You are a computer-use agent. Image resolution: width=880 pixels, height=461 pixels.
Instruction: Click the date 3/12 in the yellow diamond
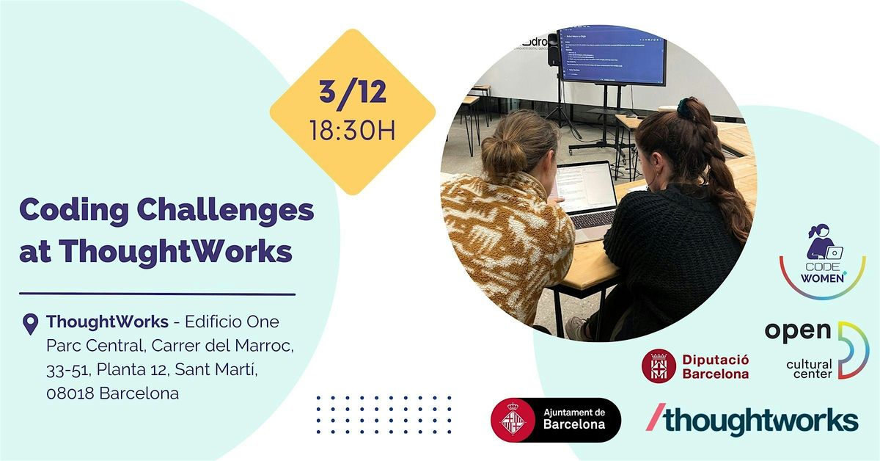(352, 93)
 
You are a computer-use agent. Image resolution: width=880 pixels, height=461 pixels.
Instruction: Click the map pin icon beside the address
(30, 324)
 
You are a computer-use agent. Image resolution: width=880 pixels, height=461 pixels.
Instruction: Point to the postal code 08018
(70, 393)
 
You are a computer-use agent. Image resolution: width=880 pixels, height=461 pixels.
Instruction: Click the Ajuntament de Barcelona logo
(555, 420)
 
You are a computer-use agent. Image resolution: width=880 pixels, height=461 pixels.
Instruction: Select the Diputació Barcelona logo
(695, 366)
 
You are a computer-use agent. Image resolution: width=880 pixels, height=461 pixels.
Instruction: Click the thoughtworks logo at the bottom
(752, 421)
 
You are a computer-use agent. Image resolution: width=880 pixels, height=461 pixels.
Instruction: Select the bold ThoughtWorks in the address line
(108, 322)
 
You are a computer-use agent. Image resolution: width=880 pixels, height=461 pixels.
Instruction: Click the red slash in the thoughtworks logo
(654, 418)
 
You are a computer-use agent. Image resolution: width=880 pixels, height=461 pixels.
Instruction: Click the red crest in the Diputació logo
(659, 366)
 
